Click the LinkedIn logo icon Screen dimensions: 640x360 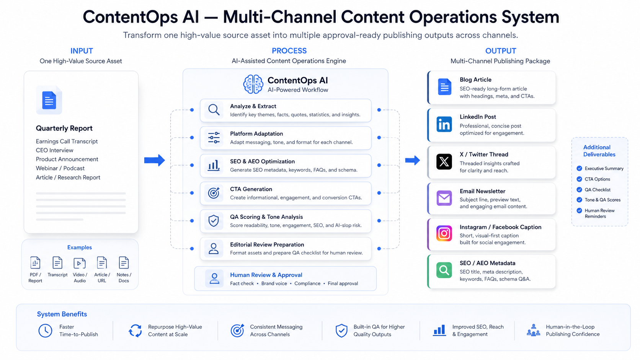(x=444, y=124)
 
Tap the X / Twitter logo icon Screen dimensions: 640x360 (x=444, y=161)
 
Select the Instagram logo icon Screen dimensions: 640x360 (x=444, y=233)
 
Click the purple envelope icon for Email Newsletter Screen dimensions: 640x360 (x=444, y=198)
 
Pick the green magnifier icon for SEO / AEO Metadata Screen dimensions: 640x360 (x=444, y=270)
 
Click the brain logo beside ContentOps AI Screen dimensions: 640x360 (x=253, y=84)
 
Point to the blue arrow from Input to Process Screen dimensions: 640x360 (x=154, y=160)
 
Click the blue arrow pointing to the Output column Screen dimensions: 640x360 (x=412, y=160)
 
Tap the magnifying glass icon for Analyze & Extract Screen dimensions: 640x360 (x=214, y=110)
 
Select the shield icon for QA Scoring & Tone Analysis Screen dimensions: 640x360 (x=214, y=221)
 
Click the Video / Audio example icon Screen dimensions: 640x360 (x=80, y=263)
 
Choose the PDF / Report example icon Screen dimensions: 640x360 (x=35, y=263)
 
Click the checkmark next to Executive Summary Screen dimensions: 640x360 (x=580, y=168)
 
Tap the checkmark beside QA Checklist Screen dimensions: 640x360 (x=580, y=189)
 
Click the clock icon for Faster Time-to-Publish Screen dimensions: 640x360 (x=45, y=331)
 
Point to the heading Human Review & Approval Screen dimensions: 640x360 (x=266, y=275)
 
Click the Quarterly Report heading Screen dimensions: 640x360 (x=64, y=128)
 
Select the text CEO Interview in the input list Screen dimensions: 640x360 (x=55, y=150)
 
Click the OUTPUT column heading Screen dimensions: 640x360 (x=501, y=51)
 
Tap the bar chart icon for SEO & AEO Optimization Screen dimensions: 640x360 (x=214, y=165)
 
